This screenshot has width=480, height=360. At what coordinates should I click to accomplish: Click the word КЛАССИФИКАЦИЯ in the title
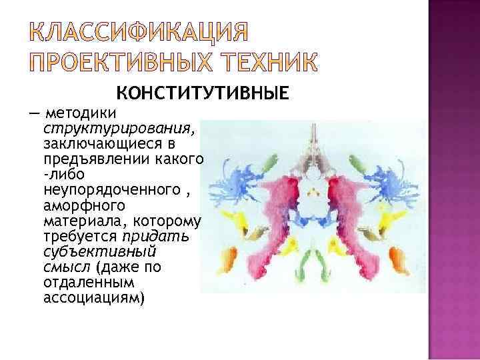point(137,32)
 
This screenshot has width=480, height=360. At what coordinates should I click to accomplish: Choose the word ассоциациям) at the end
point(93,297)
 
